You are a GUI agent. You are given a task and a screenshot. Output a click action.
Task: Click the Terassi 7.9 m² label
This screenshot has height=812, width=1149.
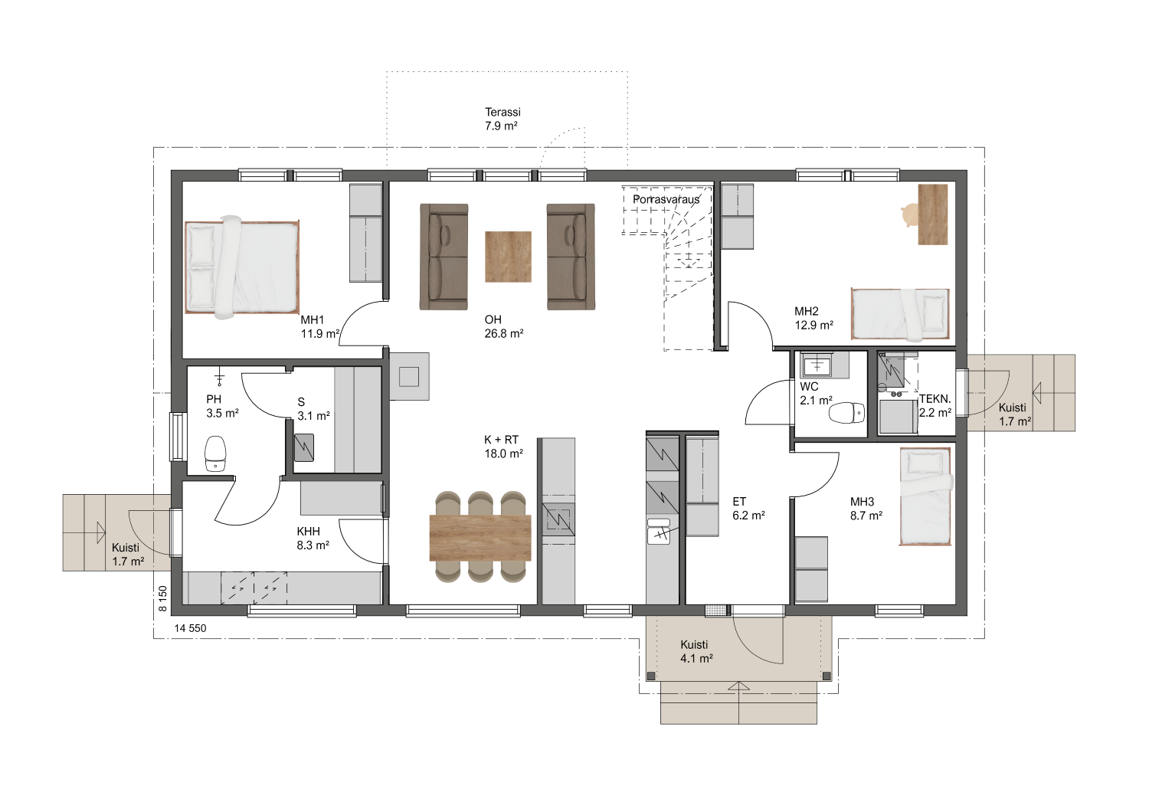(x=502, y=119)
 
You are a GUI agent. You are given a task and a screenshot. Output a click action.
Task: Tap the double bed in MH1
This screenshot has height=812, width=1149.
(x=241, y=267)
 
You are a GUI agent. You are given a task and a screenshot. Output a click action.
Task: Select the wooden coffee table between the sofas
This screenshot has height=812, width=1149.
(x=508, y=257)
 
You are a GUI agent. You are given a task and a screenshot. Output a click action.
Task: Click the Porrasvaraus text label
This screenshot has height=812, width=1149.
(x=666, y=199)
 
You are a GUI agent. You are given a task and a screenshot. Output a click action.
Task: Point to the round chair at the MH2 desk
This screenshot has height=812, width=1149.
(x=909, y=214)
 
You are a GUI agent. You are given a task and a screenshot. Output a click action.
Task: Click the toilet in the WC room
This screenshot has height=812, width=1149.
(x=846, y=414)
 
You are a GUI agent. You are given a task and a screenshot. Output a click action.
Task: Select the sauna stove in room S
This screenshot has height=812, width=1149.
(x=303, y=447)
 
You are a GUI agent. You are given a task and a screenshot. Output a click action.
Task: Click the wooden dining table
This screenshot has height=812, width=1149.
(x=480, y=538)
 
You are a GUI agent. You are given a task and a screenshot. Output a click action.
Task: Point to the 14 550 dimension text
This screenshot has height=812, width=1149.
(x=190, y=628)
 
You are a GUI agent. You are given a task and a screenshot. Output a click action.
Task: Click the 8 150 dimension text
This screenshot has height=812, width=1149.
(x=162, y=598)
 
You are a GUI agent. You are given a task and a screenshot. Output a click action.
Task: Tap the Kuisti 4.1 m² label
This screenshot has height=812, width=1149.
(x=696, y=651)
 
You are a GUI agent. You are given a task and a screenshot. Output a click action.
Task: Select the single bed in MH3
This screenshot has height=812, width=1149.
(x=925, y=496)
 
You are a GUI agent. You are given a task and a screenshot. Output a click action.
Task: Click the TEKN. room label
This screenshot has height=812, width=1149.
(x=935, y=398)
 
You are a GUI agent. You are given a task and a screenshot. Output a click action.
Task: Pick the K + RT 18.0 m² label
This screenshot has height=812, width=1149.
(x=503, y=447)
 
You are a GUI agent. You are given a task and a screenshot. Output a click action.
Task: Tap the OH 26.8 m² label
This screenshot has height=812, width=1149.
(x=503, y=326)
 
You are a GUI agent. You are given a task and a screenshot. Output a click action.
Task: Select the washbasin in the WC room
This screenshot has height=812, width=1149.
(x=816, y=365)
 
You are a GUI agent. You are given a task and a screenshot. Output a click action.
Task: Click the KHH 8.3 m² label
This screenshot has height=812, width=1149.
(x=313, y=538)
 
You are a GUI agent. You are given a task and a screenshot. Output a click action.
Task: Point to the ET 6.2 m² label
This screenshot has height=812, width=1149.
(x=748, y=509)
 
